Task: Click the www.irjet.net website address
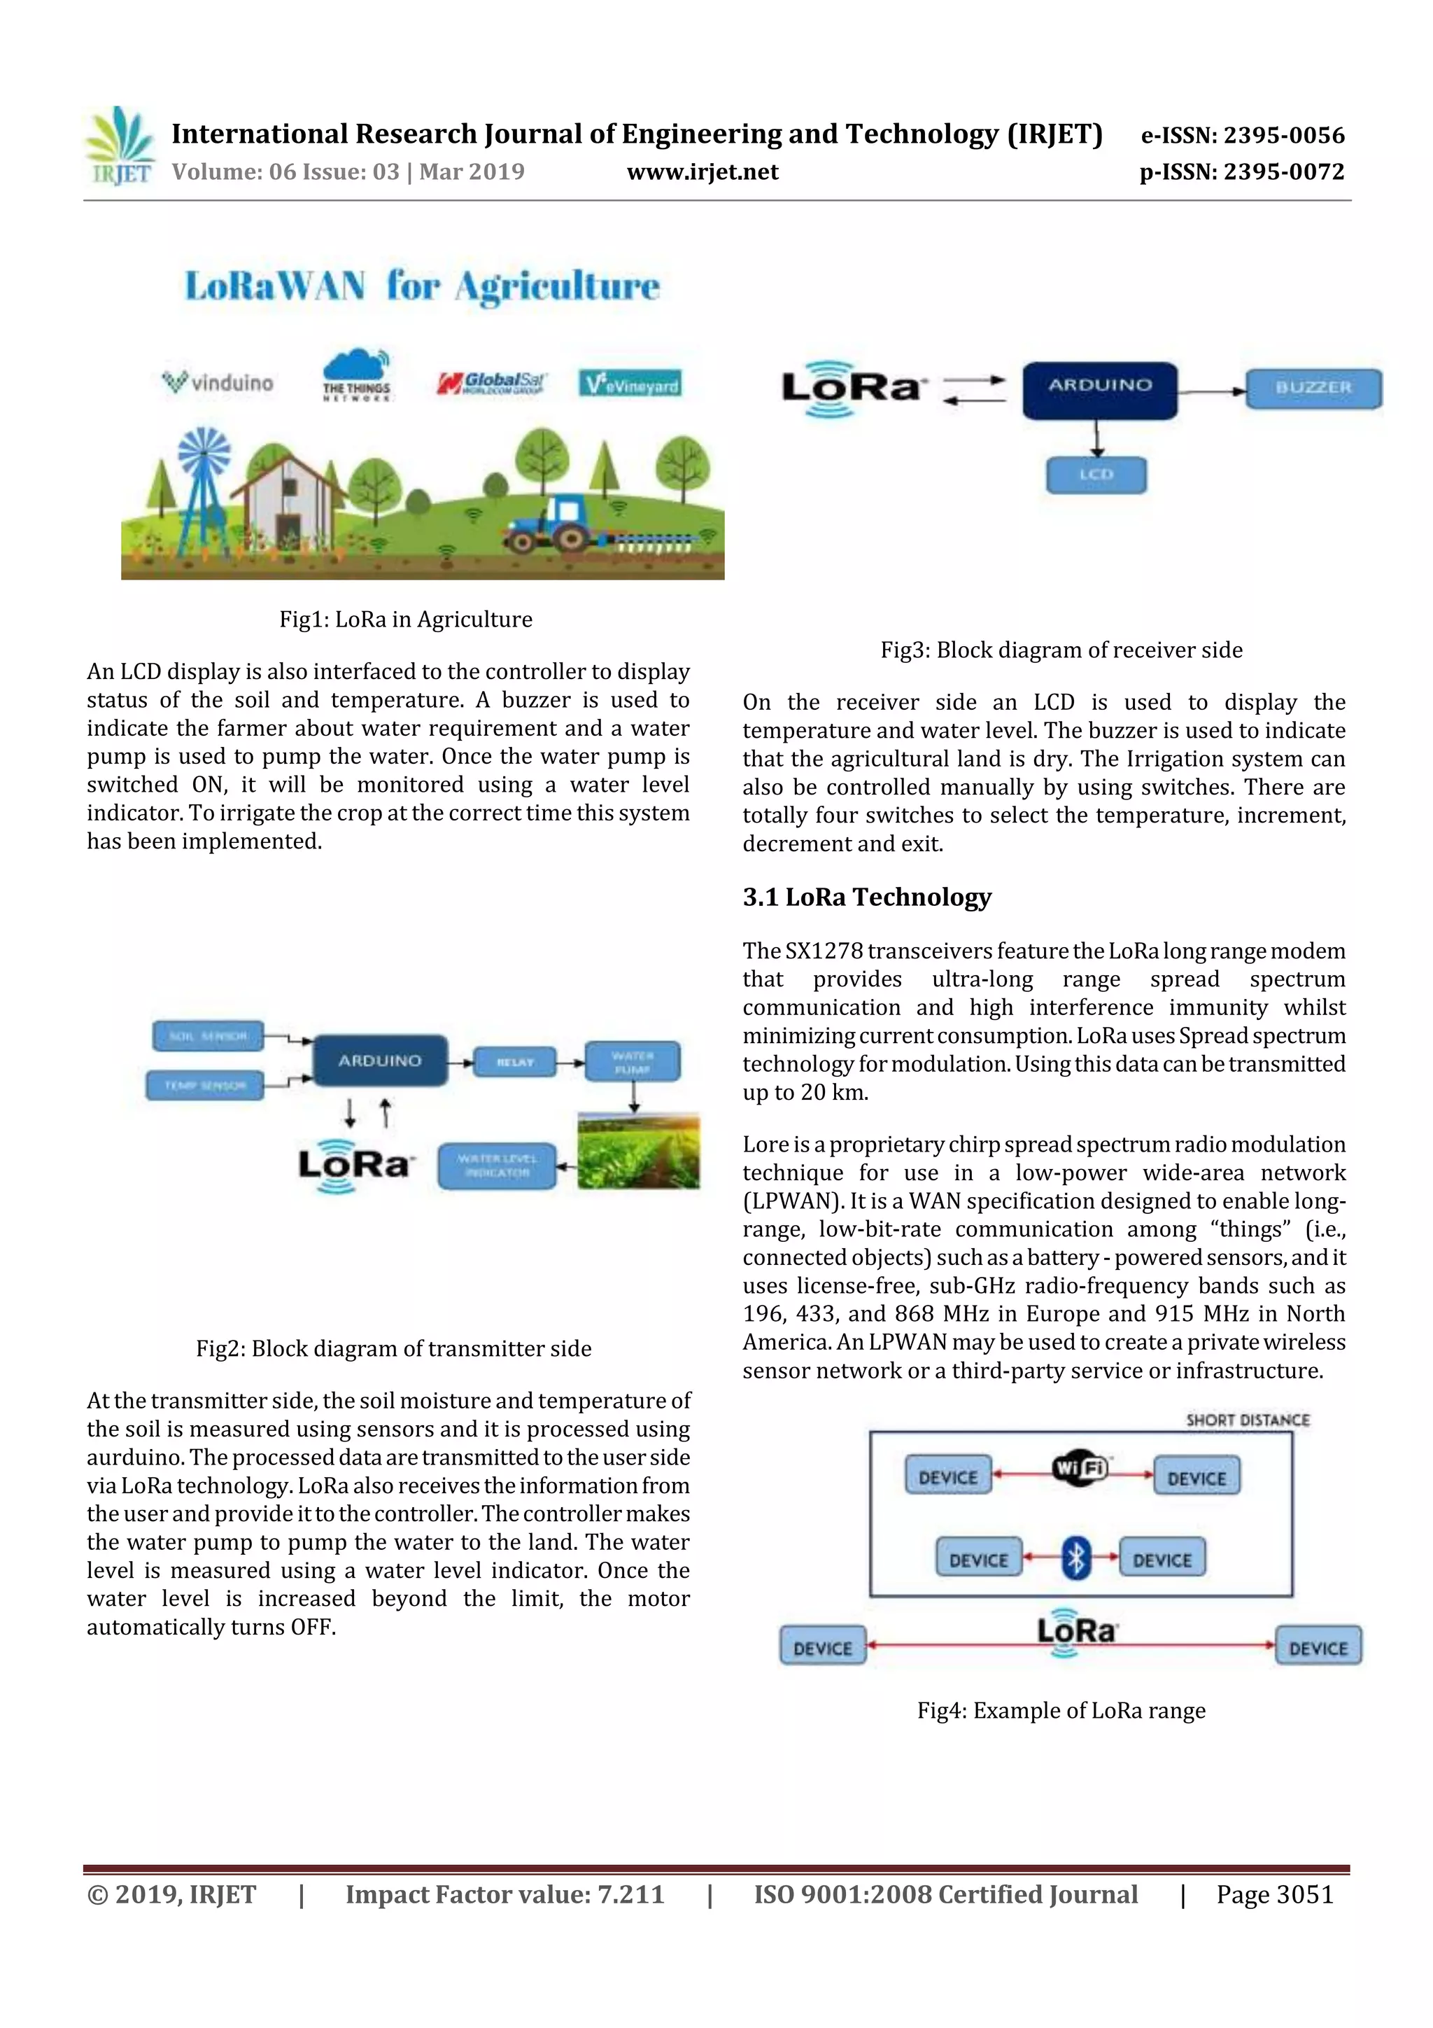pyautogui.click(x=702, y=172)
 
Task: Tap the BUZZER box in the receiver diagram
pyautogui.click(x=1313, y=388)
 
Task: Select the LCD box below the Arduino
pyautogui.click(x=1096, y=475)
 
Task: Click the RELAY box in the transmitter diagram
pyautogui.click(x=515, y=1062)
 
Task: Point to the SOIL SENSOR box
pyautogui.click(x=208, y=1036)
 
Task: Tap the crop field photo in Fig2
pyautogui.click(x=638, y=1151)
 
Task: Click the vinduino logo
pyautogui.click(x=218, y=382)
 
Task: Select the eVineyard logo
pyautogui.click(x=630, y=384)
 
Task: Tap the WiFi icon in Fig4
pyautogui.click(x=1079, y=1468)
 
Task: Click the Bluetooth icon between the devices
pyautogui.click(x=1075, y=1559)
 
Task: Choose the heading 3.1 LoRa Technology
pyautogui.click(x=866, y=897)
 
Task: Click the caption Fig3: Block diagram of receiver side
pyautogui.click(x=1060, y=650)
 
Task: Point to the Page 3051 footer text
pyautogui.click(x=1274, y=1894)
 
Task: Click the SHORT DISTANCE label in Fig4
pyautogui.click(x=1247, y=1420)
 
